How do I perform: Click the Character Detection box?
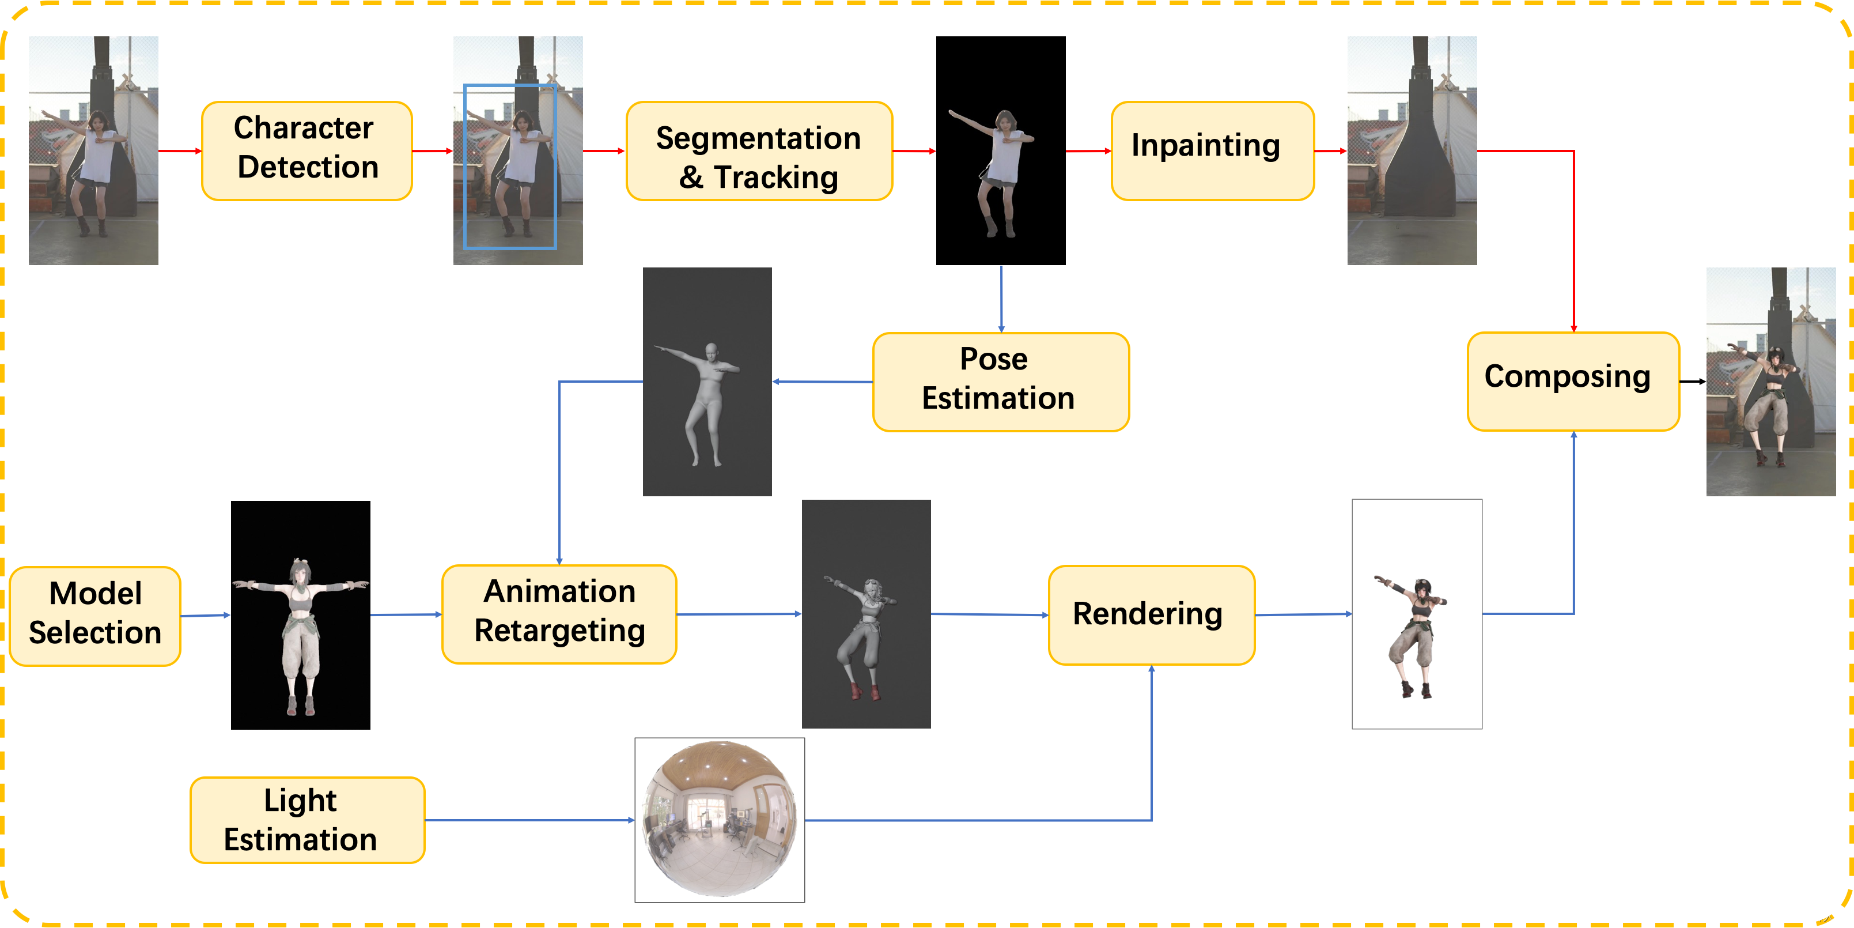[307, 150]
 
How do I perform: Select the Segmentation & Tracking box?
[759, 150]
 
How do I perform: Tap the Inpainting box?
[1212, 150]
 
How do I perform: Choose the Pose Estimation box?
[1000, 382]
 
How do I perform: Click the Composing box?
[1573, 382]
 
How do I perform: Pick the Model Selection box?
[95, 616]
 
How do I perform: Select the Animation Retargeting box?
[559, 614]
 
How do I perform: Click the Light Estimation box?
[307, 820]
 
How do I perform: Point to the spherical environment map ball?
[719, 819]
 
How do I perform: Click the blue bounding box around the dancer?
[465, 165]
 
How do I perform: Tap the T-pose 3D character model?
[301, 633]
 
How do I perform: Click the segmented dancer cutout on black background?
[997, 173]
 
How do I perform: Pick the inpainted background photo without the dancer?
[1412, 150]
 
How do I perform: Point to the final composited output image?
[1770, 382]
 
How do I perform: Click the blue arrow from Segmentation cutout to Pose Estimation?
[1001, 299]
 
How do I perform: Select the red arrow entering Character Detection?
[180, 151]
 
